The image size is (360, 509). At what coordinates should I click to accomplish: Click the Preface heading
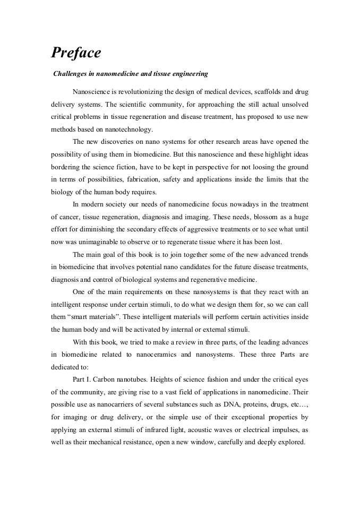[x=76, y=53]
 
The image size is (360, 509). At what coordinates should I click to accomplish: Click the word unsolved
[x=293, y=103]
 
